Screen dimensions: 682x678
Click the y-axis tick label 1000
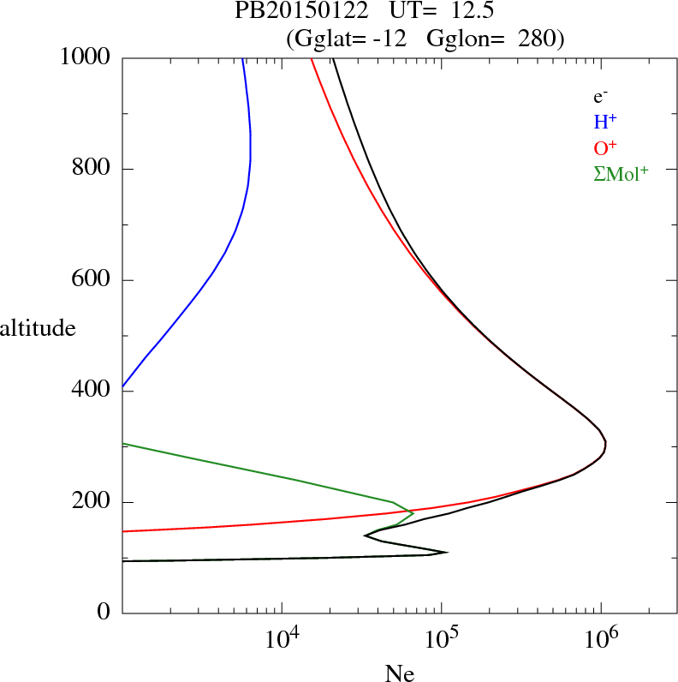point(86,57)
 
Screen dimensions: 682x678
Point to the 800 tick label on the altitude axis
point(92,169)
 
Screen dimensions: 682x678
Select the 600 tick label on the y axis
point(92,280)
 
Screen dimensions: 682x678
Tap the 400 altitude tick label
point(92,392)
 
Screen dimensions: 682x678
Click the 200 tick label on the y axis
point(92,502)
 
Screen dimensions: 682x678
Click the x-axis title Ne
point(399,673)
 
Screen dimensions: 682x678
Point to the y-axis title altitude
point(38,328)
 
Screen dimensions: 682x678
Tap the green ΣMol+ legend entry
point(621,173)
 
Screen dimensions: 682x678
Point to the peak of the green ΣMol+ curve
point(413,512)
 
